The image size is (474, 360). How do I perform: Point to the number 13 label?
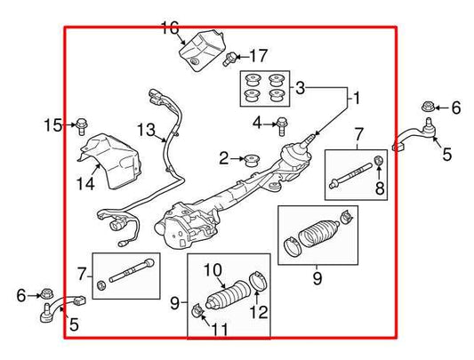click(147, 131)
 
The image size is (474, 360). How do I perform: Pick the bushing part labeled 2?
click(251, 160)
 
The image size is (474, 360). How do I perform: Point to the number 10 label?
click(213, 268)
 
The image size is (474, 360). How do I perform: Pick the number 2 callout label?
click(224, 159)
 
